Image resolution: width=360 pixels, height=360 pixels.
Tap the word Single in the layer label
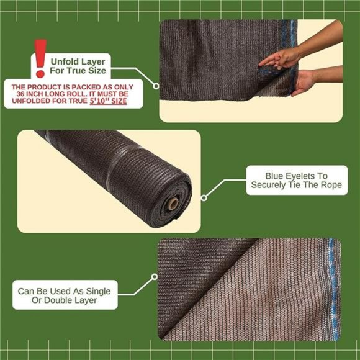click(94, 290)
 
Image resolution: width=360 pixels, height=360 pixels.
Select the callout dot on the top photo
click(157, 86)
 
